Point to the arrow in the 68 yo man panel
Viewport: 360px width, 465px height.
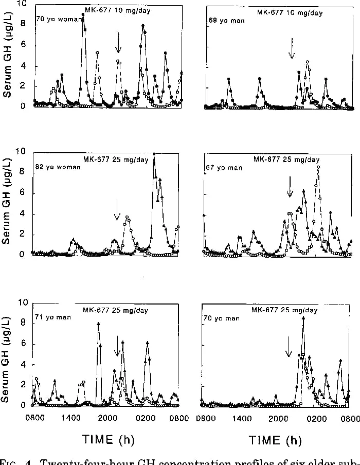(x=292, y=48)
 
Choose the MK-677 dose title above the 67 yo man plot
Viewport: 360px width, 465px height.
(x=286, y=159)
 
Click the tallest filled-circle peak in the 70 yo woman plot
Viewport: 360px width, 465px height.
(x=83, y=15)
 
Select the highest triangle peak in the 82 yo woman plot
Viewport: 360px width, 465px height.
(x=154, y=154)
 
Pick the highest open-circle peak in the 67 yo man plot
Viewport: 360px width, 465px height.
(x=318, y=167)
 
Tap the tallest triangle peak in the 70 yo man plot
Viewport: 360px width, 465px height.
(x=303, y=318)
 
